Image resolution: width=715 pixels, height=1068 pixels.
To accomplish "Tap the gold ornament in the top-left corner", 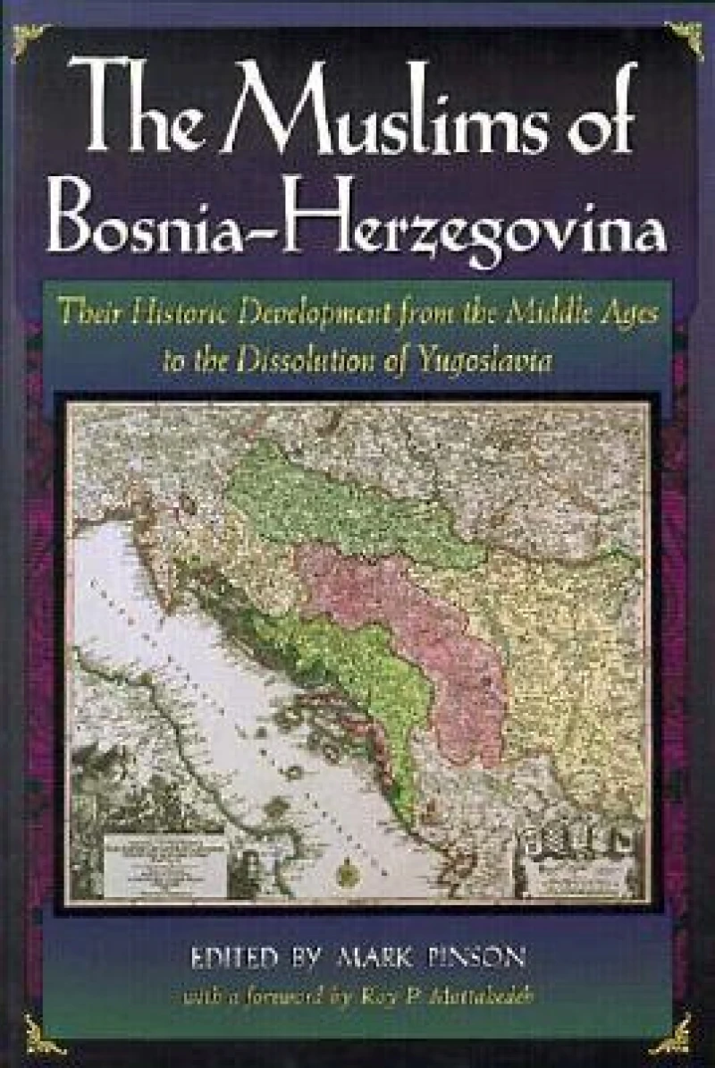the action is coord(30,38).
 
